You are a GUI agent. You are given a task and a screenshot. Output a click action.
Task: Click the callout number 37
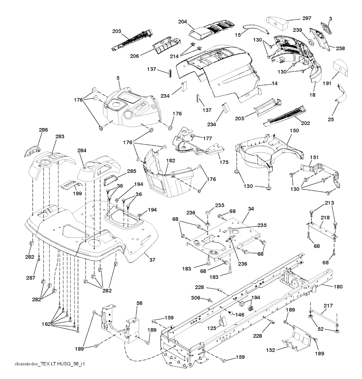click(152, 260)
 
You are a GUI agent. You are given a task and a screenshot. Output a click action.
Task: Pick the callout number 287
click(31, 278)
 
